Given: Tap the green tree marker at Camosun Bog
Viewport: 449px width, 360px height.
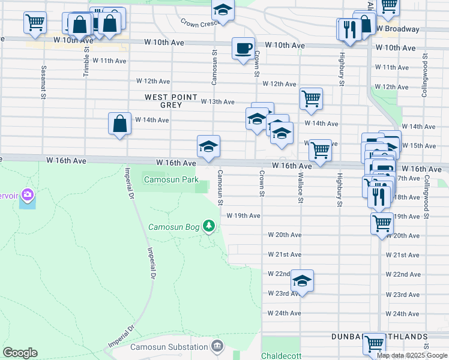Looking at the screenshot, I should [x=209, y=226].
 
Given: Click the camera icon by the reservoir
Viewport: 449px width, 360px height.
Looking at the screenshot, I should [x=27, y=194].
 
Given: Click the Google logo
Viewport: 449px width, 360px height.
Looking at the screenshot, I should [x=20, y=353].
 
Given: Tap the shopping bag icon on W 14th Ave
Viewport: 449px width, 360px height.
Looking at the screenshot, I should [x=119, y=124].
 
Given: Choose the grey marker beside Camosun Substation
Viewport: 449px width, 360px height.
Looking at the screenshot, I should [x=217, y=346].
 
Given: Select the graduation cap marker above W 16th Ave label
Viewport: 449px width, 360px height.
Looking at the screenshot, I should [x=208, y=146].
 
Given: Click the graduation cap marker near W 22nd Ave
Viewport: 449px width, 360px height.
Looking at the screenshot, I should [x=303, y=281].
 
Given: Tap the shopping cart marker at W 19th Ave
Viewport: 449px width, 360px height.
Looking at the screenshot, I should [x=382, y=224].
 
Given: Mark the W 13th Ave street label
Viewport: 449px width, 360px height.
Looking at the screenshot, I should [x=217, y=102].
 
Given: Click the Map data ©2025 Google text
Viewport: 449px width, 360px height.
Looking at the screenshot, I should [x=411, y=355].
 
